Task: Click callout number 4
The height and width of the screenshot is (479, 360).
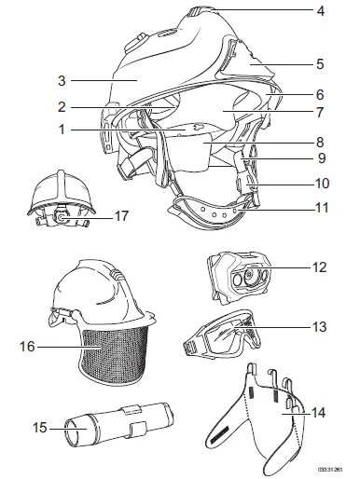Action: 320,12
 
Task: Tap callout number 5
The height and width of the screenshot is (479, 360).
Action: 320,64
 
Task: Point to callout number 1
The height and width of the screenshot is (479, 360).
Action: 61,130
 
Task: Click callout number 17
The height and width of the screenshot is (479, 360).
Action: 119,215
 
